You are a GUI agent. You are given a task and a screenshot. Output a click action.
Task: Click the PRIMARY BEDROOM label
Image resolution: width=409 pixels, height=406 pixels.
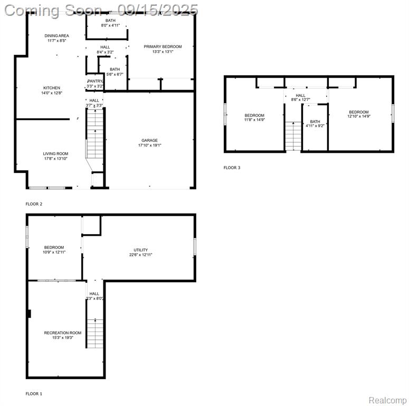coord(163,47)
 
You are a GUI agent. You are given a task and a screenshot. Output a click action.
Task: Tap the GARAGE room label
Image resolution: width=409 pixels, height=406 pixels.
coord(149,140)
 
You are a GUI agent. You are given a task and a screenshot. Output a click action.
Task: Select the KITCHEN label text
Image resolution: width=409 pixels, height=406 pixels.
coord(52,88)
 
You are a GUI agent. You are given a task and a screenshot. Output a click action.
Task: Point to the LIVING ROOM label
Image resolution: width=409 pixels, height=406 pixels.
coord(55,154)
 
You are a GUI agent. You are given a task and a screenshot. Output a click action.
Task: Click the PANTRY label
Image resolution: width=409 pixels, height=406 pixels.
coord(95,81)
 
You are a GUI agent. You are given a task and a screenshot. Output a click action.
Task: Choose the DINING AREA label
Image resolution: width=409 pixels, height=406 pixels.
coord(56,35)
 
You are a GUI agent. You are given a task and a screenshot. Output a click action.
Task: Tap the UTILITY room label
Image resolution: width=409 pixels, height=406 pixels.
coord(140,250)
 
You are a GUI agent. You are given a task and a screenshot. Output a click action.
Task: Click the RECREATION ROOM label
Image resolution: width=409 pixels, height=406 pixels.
coord(63,333)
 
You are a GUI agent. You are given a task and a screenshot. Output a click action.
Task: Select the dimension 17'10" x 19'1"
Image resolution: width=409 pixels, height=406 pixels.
coord(150,145)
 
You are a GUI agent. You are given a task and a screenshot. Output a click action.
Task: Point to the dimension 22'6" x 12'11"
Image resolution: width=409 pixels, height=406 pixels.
coord(140,255)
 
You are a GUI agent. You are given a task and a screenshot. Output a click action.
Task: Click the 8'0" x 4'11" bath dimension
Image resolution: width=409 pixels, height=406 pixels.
coord(110,25)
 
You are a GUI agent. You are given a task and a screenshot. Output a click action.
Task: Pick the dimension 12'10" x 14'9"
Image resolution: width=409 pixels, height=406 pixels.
coord(359,116)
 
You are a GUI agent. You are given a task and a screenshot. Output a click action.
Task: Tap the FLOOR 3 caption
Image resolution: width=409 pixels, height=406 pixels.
coord(232,168)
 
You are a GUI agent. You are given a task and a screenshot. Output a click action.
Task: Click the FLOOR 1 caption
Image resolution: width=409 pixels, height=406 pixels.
coord(34,394)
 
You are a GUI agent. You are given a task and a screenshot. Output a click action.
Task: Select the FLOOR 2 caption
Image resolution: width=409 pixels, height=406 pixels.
coord(34,204)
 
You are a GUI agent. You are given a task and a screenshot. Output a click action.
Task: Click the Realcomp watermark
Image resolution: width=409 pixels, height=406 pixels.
coord(387,400)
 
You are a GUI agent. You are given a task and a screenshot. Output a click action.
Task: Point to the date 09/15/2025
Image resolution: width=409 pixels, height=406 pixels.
coord(158,10)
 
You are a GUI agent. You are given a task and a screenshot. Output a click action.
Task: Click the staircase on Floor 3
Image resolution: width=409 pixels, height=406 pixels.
coord(293,136)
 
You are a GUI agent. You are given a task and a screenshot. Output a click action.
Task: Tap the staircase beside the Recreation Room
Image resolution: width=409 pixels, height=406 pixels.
coord(95,334)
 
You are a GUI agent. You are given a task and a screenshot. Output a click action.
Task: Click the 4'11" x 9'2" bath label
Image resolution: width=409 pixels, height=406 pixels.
coord(315,126)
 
